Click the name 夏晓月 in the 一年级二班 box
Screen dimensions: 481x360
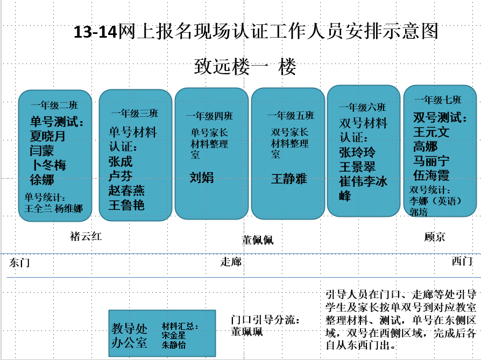point(47,136)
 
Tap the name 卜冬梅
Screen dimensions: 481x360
point(49,165)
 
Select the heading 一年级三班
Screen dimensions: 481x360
point(135,113)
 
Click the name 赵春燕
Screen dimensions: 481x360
point(126,190)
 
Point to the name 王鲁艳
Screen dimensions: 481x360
point(126,205)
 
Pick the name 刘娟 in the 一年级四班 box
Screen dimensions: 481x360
point(202,178)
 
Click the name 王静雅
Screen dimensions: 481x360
point(289,179)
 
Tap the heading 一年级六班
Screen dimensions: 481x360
point(362,107)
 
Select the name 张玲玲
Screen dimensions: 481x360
point(357,152)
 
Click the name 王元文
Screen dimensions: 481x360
point(431,132)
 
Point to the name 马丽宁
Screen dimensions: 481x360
point(431,161)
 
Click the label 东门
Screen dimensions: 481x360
point(19,263)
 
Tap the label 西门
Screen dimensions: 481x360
point(462,261)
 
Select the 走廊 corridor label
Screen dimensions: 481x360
point(231,262)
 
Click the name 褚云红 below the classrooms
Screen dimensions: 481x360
point(86,236)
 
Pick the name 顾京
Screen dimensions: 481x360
point(434,237)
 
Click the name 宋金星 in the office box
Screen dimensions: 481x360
point(174,335)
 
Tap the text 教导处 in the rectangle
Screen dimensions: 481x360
point(129,329)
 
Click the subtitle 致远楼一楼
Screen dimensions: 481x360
point(245,67)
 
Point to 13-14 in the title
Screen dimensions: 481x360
point(95,32)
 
